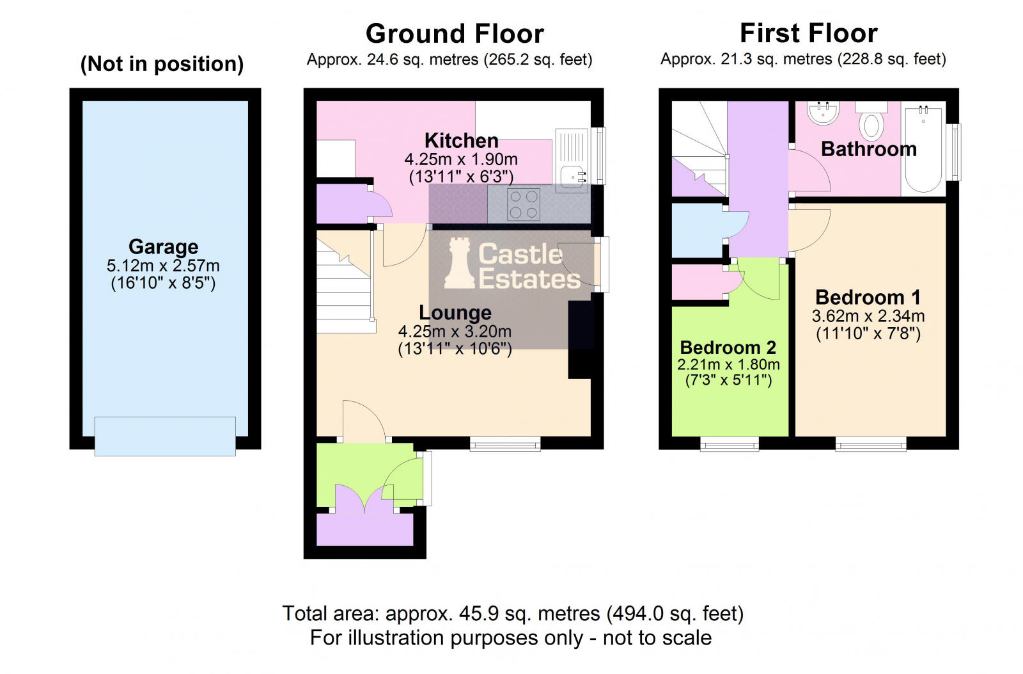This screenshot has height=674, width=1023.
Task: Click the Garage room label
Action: coord(163,246)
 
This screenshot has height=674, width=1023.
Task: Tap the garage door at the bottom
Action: coord(165,436)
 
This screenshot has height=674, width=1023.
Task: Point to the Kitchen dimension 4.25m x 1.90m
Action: coord(460,159)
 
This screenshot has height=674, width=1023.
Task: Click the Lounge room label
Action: coord(455,313)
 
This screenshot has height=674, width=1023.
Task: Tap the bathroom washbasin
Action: coord(823,113)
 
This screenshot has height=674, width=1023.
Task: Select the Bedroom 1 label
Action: coord(868,298)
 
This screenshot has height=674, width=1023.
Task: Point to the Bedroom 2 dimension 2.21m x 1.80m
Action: coord(728,365)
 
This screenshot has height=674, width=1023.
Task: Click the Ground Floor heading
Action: coord(455,33)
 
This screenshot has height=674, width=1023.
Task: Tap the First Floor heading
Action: coord(808,33)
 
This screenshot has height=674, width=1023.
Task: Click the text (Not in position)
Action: coord(162,64)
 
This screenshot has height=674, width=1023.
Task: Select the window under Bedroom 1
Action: coord(870,443)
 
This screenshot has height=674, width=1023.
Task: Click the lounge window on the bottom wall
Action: coord(505,443)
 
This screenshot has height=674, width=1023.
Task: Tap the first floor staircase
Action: coord(699,150)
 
